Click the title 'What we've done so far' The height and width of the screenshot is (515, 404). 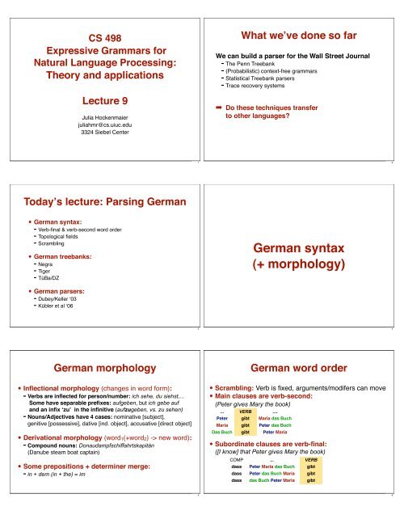point(301,36)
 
